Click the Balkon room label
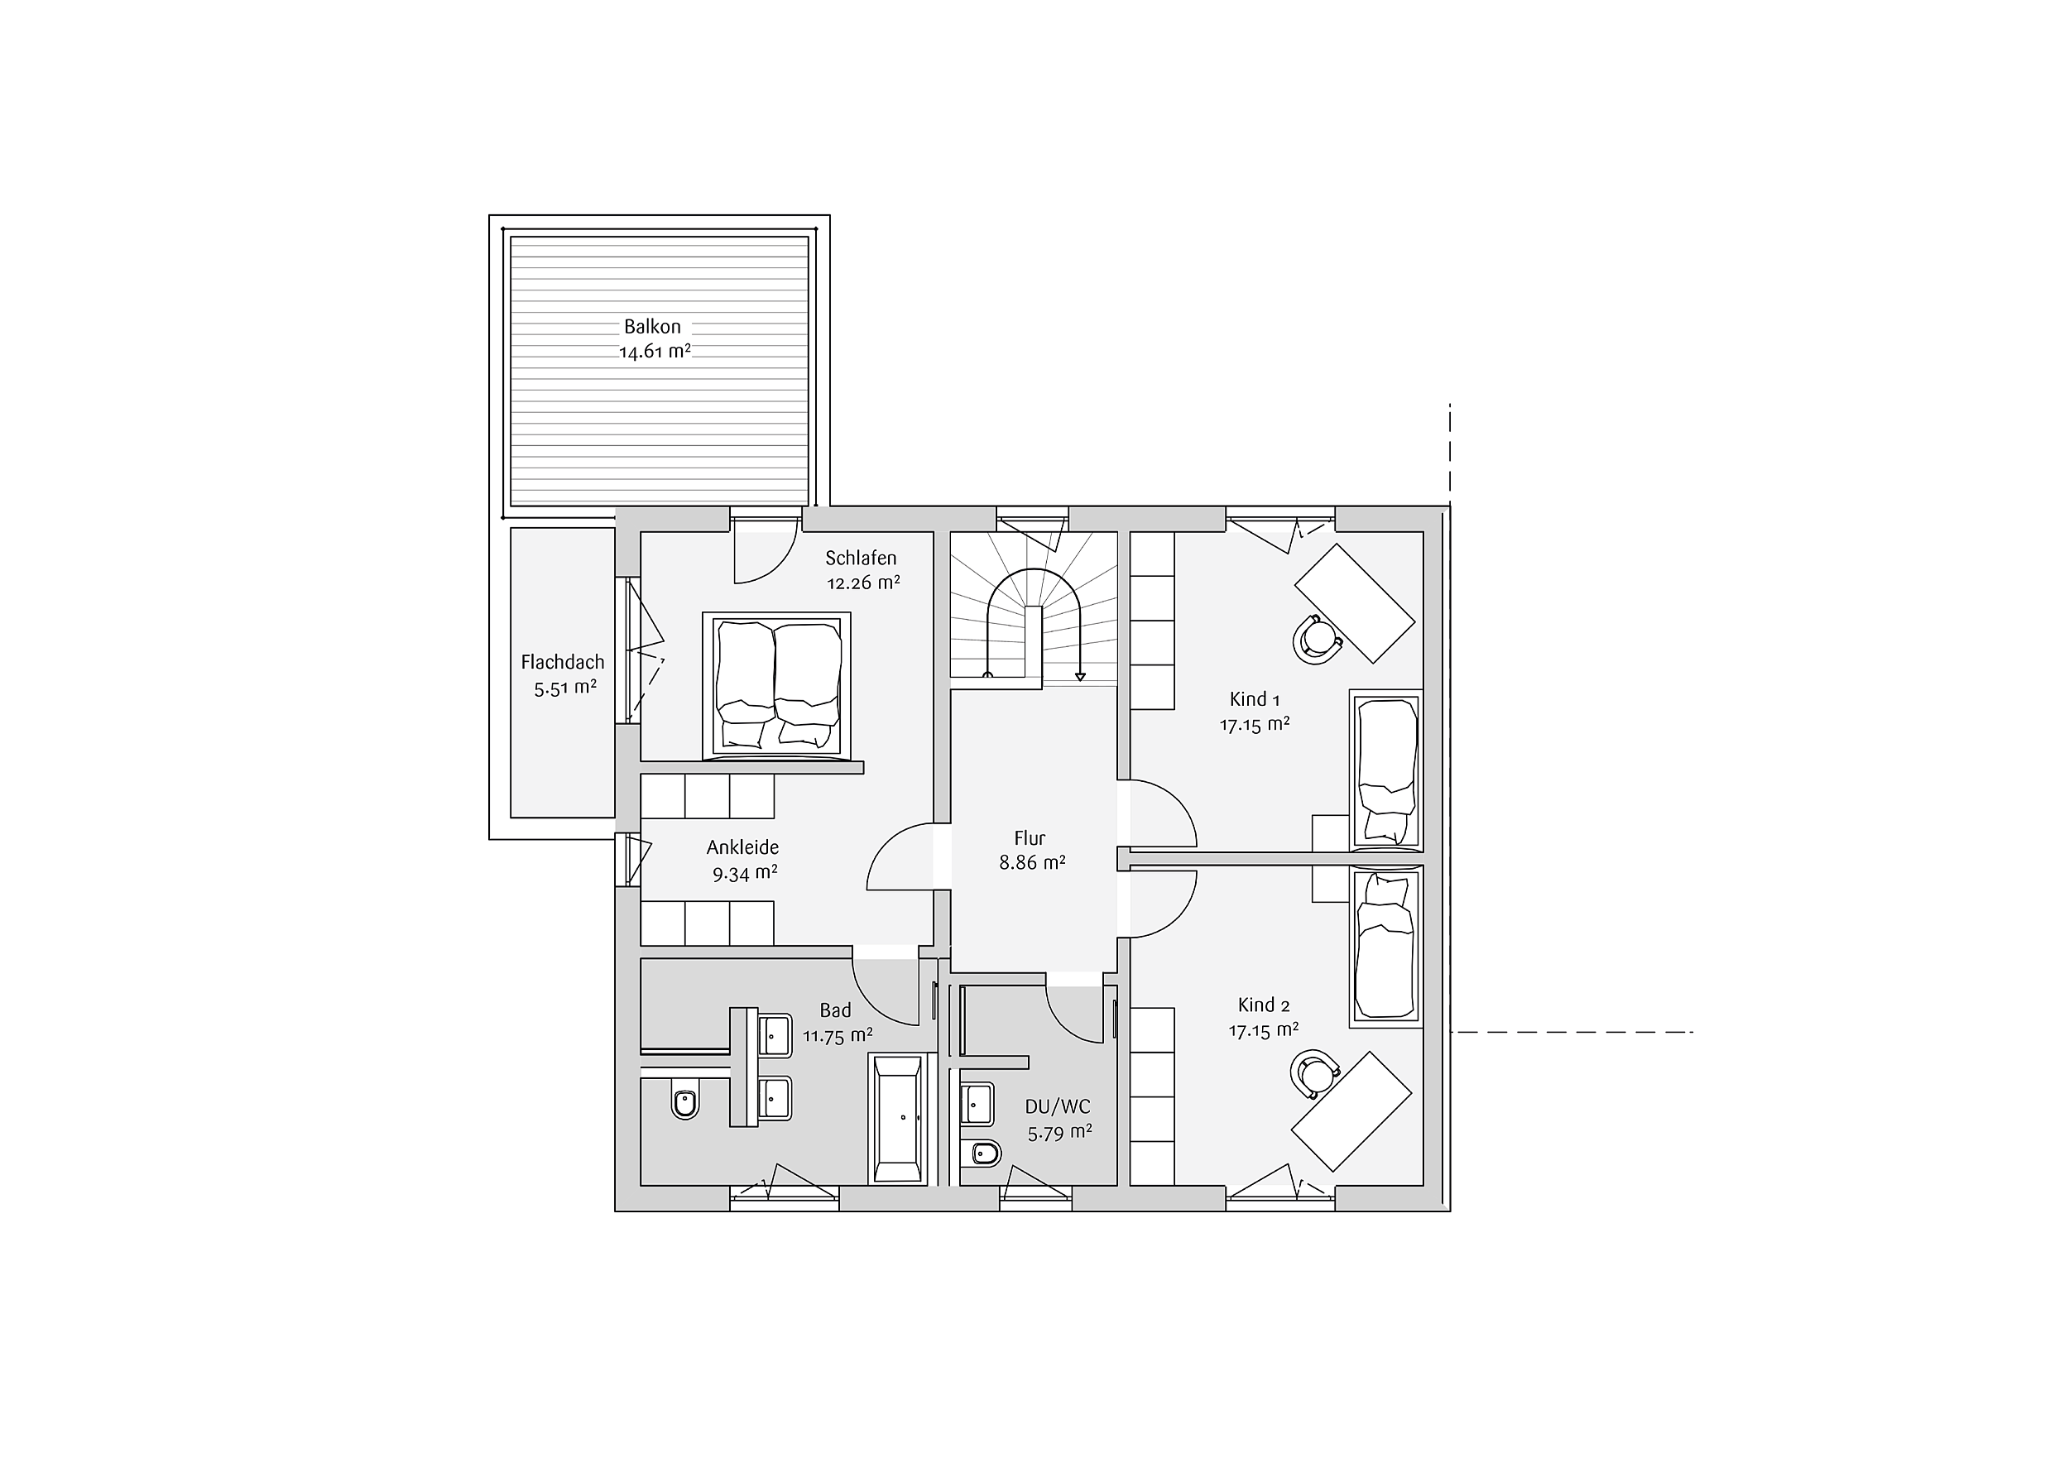click(x=652, y=326)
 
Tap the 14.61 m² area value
click(x=655, y=352)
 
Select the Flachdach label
click(x=562, y=662)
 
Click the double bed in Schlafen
click(x=777, y=685)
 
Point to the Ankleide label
click(x=742, y=847)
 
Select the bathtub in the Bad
click(x=897, y=1118)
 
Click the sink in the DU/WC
click(x=977, y=1105)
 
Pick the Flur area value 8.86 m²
click(x=1032, y=862)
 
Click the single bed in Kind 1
click(x=1386, y=770)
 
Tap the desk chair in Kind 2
click(x=1316, y=1073)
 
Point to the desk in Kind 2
click(x=1351, y=1110)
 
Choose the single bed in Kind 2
click(x=1386, y=947)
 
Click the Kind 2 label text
click(x=1265, y=1005)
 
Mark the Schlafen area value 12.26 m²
click(x=863, y=583)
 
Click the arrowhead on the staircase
click(x=1078, y=678)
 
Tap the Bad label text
click(x=835, y=1010)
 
